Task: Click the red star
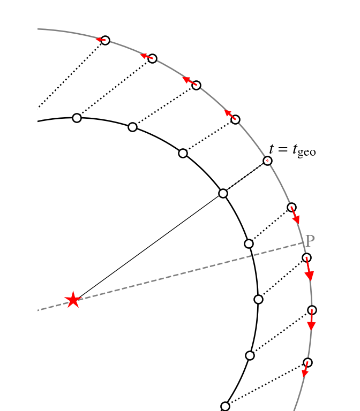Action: point(73,300)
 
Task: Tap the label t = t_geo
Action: point(292,150)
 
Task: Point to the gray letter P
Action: point(310,241)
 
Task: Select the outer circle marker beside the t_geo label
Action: point(267,161)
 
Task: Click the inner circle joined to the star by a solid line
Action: point(223,193)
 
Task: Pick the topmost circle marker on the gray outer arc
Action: point(105,40)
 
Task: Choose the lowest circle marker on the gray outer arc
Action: point(307,362)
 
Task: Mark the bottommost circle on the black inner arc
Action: point(225,406)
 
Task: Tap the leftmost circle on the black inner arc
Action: point(77,118)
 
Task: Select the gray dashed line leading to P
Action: point(170,277)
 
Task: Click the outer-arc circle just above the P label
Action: point(292,207)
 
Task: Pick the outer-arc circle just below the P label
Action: point(306,257)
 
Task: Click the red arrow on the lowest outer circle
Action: point(305,370)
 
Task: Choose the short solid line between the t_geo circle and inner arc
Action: point(245,177)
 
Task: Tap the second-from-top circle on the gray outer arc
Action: point(153,58)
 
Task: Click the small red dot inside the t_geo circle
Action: point(267,161)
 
